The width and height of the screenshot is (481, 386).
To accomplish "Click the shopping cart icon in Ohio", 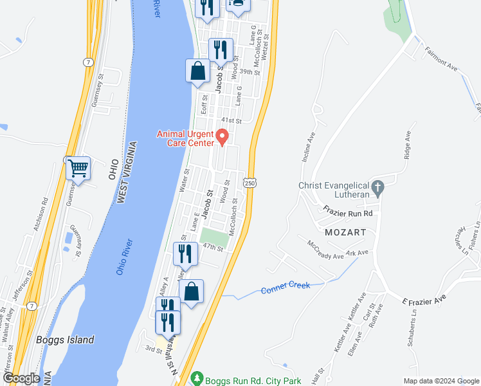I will pos(78,169).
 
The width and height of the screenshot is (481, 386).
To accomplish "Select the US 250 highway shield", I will pos(250,183).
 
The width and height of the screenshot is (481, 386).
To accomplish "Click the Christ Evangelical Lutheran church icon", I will pos(377,187).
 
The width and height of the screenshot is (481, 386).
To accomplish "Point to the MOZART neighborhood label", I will pos(345,232).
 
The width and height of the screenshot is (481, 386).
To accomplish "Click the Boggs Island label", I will pos(65,340).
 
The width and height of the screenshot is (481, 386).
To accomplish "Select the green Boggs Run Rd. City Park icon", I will pos(199,380).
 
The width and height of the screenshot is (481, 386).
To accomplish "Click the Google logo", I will pos(21,379).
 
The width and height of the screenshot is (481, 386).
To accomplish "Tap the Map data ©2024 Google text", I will pos(441,381).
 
